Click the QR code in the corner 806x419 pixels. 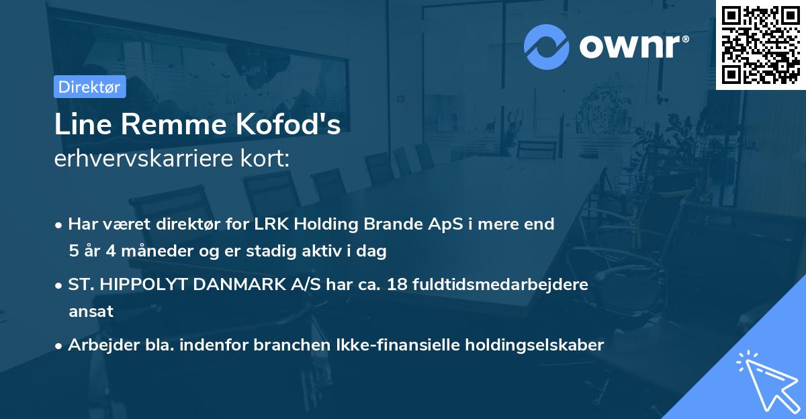[x=761, y=45]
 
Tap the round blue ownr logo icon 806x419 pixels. [x=547, y=46]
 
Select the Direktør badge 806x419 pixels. [x=89, y=87]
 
